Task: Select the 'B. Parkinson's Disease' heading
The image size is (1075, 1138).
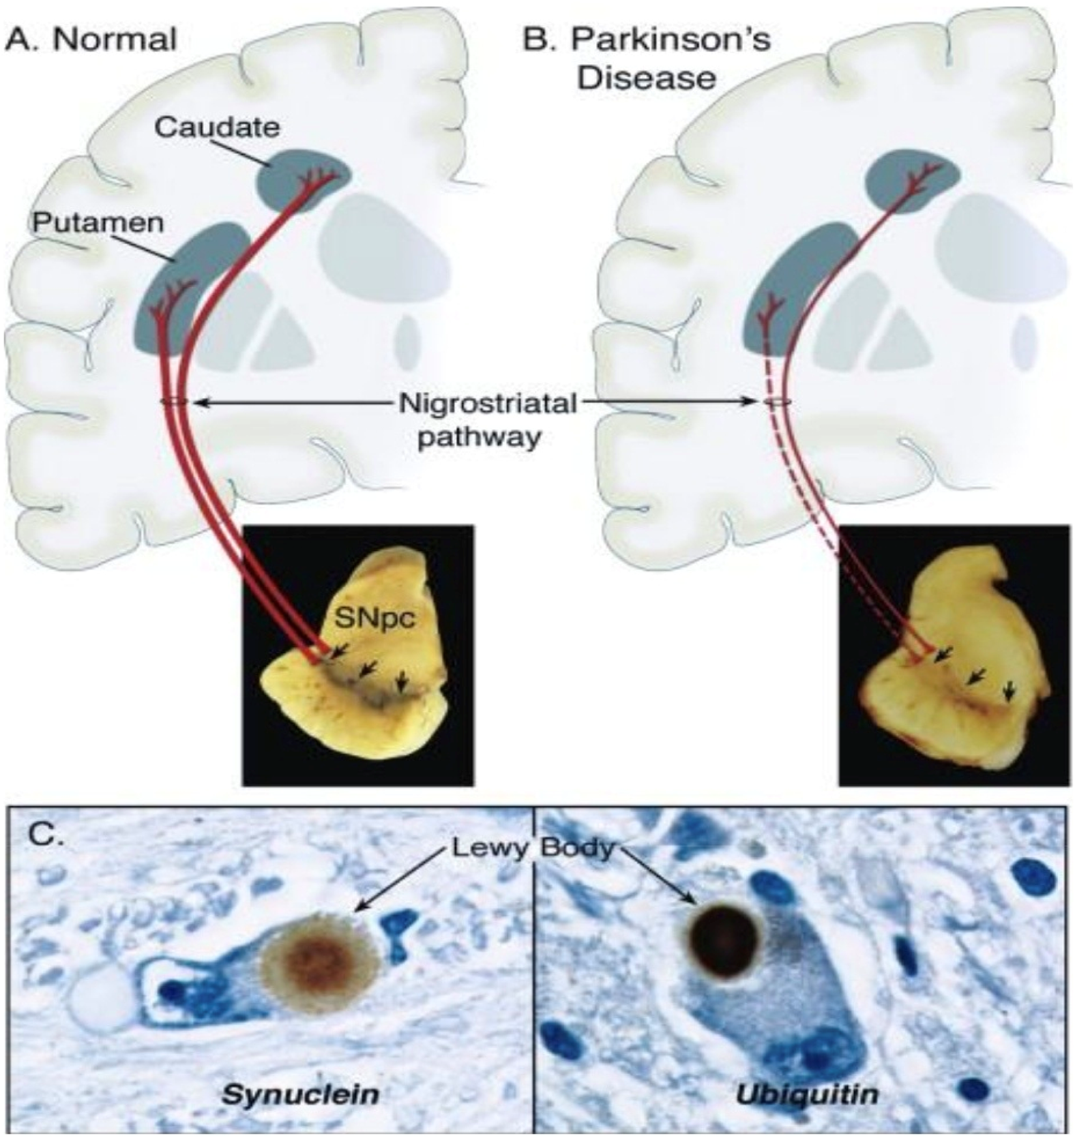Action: tap(647, 57)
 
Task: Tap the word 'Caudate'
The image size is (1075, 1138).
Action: tap(216, 127)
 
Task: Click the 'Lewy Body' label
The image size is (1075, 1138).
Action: tap(533, 848)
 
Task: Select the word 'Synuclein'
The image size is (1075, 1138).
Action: tap(301, 1094)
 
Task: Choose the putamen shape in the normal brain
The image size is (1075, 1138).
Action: tap(191, 286)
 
